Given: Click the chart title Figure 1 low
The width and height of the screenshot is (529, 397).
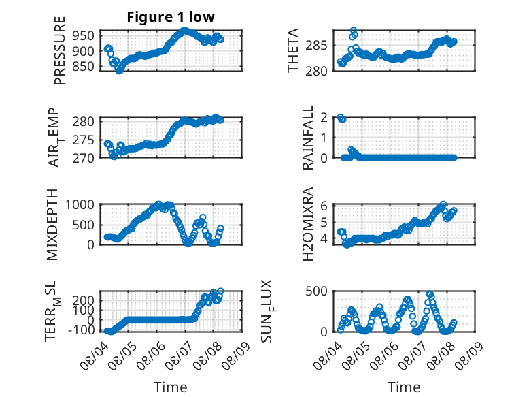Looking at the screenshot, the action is coord(171,17).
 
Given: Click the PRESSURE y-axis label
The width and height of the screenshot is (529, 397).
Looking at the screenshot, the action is coord(59,50).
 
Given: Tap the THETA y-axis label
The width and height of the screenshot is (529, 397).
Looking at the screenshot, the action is coord(293,50).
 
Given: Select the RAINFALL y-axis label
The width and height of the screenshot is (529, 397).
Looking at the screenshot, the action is coord(308,137).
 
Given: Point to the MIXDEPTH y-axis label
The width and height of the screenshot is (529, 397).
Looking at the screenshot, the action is coord(52,225).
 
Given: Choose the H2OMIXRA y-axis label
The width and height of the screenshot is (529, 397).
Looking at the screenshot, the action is coord(308,224).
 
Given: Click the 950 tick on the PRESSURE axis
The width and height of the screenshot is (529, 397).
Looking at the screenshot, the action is coord(84,35).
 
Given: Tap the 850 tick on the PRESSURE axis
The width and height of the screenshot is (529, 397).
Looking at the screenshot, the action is coord(84,66).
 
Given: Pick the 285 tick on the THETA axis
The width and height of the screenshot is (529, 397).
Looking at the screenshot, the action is coord(316,45).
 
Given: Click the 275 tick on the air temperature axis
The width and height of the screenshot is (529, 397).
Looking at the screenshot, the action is coord(84,140).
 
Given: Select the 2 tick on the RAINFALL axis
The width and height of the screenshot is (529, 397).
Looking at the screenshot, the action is coord(324,118).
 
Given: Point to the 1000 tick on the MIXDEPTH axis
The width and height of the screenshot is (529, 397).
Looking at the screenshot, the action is coord(80,205).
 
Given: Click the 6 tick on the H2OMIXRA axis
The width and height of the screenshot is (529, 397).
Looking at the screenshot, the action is coord(324,206).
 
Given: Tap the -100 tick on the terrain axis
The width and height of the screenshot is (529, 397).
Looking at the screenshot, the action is coord(82,330).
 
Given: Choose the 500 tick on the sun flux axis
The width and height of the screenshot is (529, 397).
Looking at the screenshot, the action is coord(316,291).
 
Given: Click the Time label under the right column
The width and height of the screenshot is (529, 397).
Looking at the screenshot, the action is coord(404,387).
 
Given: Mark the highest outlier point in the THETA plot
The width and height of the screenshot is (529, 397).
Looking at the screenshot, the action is coord(354,31).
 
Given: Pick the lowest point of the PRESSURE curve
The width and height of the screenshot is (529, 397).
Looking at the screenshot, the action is coord(119,71).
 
